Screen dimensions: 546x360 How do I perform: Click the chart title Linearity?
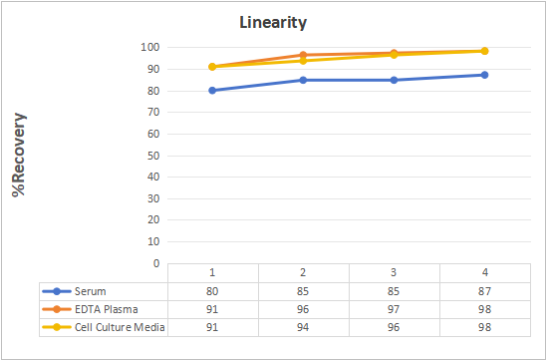click(273, 23)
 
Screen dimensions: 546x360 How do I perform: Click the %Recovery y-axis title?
click(19, 155)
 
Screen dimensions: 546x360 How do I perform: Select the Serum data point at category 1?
click(212, 91)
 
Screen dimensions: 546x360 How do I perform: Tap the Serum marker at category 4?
click(484, 75)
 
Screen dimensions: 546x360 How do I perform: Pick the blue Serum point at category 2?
click(303, 80)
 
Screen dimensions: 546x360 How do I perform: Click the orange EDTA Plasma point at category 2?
click(303, 55)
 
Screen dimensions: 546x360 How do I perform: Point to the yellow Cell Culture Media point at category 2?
click(303, 61)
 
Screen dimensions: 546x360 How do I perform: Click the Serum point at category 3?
click(394, 80)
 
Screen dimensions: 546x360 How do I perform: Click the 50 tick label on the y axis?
click(152, 156)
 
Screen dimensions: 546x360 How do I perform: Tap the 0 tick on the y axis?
click(156, 263)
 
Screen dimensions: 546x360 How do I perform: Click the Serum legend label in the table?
click(91, 291)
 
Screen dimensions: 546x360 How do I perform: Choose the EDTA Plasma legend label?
click(107, 309)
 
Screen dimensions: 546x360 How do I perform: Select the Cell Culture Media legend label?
click(120, 327)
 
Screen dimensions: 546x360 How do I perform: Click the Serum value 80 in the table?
click(212, 291)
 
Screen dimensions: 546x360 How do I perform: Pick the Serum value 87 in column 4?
click(484, 291)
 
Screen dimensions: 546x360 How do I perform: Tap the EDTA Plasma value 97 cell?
click(394, 309)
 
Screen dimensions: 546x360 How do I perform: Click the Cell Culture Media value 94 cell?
click(303, 327)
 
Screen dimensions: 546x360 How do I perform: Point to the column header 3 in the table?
click(394, 272)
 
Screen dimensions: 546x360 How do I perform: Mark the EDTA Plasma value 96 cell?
click(303, 309)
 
